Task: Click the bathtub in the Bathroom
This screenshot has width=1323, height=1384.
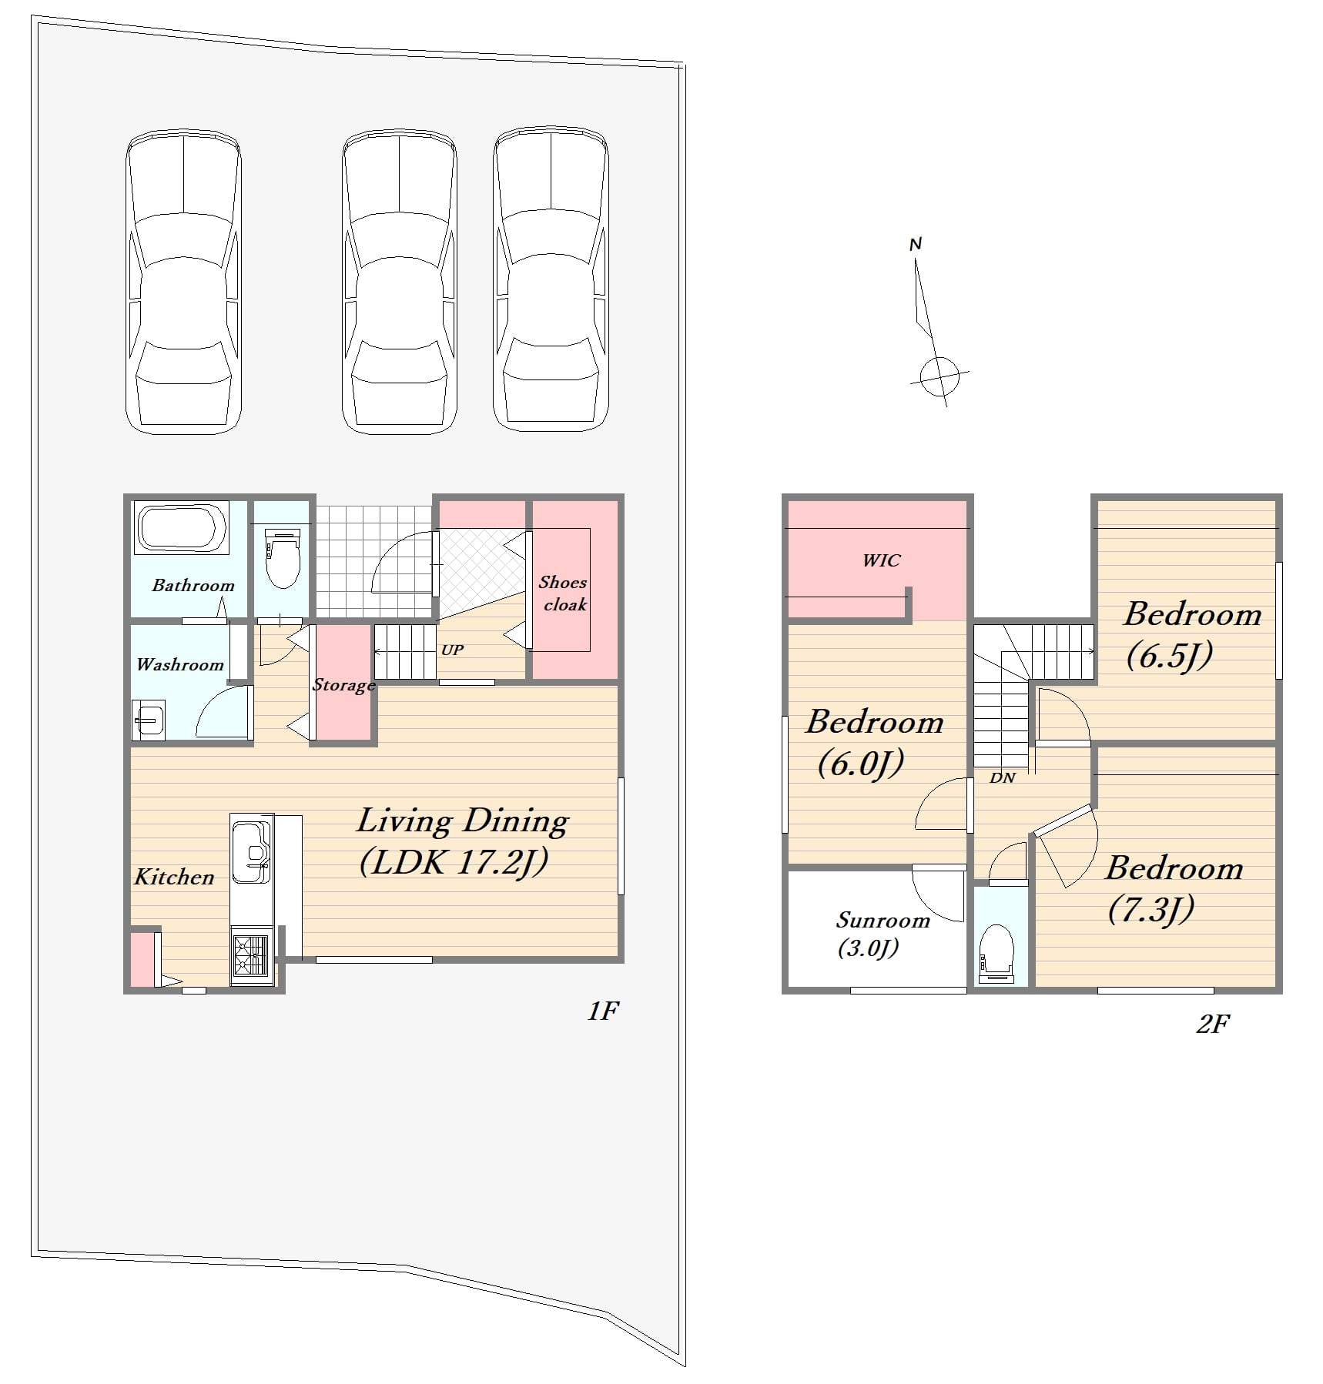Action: tap(182, 527)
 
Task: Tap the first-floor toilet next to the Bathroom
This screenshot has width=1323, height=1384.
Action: tap(282, 557)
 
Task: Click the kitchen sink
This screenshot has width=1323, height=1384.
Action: tap(251, 851)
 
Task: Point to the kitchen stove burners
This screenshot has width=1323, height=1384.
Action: tap(251, 955)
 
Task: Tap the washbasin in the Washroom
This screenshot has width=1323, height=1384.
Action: tap(149, 720)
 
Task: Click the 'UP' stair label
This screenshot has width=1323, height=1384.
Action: tap(452, 650)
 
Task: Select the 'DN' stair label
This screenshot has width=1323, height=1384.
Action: tap(1002, 777)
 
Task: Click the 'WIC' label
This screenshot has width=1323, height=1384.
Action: tap(881, 560)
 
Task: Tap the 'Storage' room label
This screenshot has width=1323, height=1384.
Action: tap(343, 685)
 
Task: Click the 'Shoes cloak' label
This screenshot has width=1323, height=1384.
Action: tap(563, 593)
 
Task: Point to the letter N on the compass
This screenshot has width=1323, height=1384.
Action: tap(916, 244)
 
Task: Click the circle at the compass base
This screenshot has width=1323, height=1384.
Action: tap(939, 376)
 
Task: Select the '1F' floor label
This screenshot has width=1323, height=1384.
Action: tap(603, 1011)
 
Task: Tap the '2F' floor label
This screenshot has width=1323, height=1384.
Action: tap(1213, 1024)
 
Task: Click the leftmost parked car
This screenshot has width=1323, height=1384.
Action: tap(183, 281)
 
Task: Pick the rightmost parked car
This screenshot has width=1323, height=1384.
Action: tap(551, 279)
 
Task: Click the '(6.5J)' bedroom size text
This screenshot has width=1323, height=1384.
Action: tap(1170, 656)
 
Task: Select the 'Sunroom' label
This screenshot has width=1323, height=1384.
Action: tap(883, 921)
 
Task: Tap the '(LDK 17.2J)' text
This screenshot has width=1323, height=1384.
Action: tap(454, 862)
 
